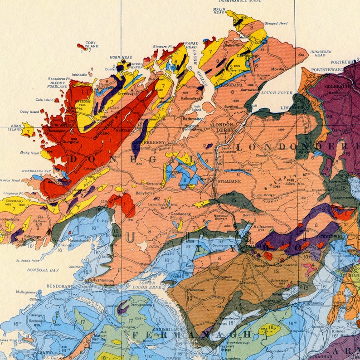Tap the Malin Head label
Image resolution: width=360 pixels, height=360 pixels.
coord(219,11)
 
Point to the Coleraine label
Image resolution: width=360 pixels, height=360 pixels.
coord(335,86)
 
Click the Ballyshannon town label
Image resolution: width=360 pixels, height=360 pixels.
coord(100,280)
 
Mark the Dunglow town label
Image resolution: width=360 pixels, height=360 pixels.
coord(70,141)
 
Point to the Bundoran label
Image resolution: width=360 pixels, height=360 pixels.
coord(59,287)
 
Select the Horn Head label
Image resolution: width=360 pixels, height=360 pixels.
coord(121,58)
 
